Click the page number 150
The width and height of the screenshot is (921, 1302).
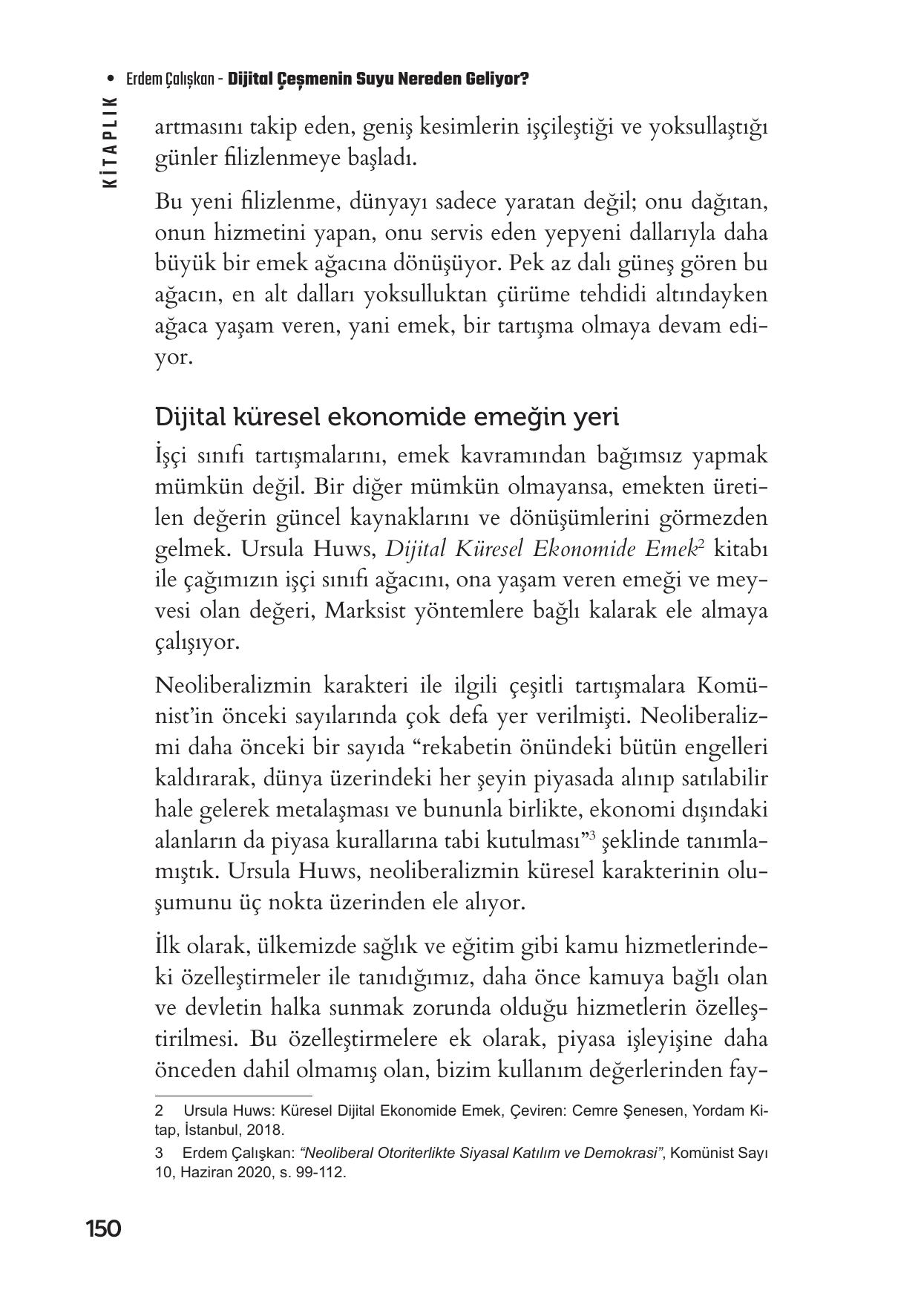[103, 1229]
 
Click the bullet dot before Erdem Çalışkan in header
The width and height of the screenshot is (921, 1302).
[111, 79]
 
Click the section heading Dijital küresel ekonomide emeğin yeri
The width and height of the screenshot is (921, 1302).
[387, 417]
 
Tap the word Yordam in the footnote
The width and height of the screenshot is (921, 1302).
[712, 1112]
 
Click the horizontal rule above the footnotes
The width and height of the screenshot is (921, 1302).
[233, 1095]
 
